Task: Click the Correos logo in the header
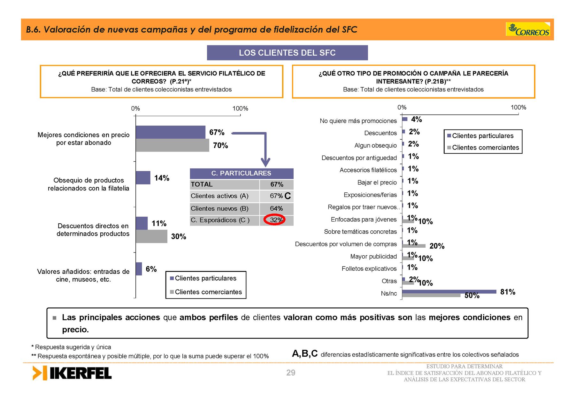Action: click(528, 29)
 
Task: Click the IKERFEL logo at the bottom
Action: click(72, 373)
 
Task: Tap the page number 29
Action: click(291, 373)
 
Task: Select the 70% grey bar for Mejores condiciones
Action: click(172, 145)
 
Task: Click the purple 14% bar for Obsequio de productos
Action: click(143, 178)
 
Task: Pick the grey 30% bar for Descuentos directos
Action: click(151, 236)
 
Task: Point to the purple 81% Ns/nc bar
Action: click(449, 291)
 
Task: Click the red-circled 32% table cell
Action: click(276, 220)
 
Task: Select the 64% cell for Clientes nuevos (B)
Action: click(276, 208)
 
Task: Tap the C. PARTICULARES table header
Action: click(241, 173)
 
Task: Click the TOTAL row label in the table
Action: click(202, 184)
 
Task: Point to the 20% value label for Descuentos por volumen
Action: click(437, 246)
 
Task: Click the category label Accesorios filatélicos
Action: click(368, 170)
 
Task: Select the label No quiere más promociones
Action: click(358, 121)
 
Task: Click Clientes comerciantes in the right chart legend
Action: click(486, 147)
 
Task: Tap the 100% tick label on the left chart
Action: click(240, 108)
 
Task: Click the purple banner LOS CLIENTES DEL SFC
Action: click(287, 53)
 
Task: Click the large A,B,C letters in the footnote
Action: click(305, 353)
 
